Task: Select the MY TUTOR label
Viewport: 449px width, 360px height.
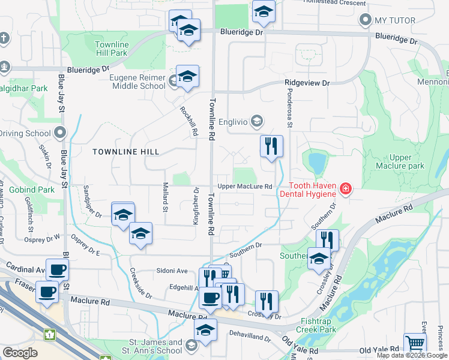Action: point(395,20)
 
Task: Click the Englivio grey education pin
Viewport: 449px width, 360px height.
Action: point(257,121)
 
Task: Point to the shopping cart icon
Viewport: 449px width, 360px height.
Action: point(415,344)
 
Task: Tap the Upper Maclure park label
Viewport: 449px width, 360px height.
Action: point(399,161)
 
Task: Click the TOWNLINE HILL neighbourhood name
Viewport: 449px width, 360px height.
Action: point(126,152)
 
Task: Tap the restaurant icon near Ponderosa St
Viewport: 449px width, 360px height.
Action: point(271,146)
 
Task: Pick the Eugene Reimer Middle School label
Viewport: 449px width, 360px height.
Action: point(137,81)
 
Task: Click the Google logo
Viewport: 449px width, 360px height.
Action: point(20,352)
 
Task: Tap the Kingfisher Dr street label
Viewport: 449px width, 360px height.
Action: point(196,206)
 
